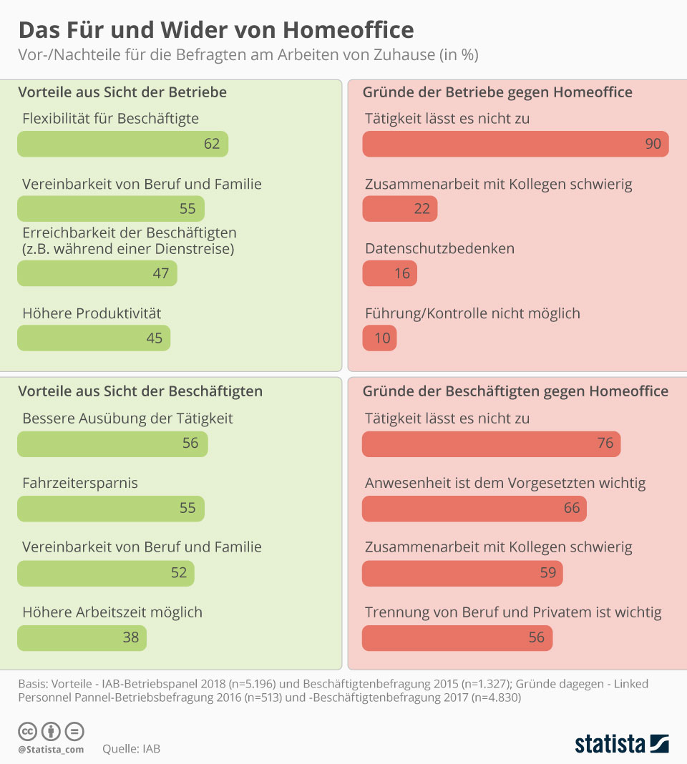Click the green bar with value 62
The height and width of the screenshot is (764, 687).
pyautogui.click(x=122, y=144)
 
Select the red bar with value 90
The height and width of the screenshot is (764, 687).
pyautogui.click(x=515, y=144)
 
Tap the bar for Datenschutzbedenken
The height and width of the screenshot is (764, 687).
pyautogui.click(x=389, y=273)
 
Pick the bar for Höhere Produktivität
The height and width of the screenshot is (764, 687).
pyautogui.click(x=94, y=338)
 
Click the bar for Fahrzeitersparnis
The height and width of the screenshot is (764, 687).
pyautogui.click(x=111, y=508)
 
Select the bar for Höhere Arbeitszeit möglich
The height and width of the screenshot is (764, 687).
pyautogui.click(x=82, y=637)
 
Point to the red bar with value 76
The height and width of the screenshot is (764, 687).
pyautogui.click(x=491, y=444)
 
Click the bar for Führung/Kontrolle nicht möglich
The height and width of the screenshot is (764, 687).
pyautogui.click(x=379, y=338)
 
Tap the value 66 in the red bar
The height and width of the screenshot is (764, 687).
pyautogui.click(x=572, y=508)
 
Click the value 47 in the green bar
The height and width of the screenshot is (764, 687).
pyautogui.click(x=160, y=273)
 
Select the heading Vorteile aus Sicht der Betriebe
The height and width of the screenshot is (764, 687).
pyautogui.click(x=122, y=92)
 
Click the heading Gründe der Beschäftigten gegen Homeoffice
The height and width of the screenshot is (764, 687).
pyautogui.click(x=515, y=391)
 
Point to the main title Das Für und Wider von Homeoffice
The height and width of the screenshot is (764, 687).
pyautogui.click(x=215, y=30)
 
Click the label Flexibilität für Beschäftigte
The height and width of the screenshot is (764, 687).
pyautogui.click(x=110, y=118)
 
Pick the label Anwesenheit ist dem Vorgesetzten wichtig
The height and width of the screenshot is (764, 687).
pyautogui.click(x=505, y=483)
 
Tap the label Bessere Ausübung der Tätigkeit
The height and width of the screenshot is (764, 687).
pyautogui.click(x=127, y=418)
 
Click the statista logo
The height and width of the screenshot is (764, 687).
pyautogui.click(x=621, y=744)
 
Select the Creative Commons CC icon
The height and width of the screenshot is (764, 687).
pyautogui.click(x=27, y=731)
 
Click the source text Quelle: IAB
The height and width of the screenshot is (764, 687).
pyautogui.click(x=131, y=749)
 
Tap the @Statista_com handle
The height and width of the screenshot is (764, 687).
pyautogui.click(x=51, y=749)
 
